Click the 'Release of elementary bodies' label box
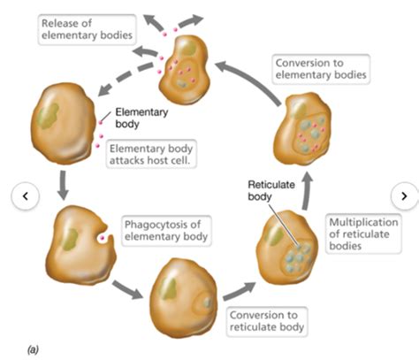[87, 29]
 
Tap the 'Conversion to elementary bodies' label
[321, 69]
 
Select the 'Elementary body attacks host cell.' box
[151, 154]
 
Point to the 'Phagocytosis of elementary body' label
[166, 231]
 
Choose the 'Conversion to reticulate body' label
[267, 321]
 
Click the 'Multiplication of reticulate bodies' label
[363, 234]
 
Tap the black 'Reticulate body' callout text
[271, 191]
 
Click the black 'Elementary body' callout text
[141, 118]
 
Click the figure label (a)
[33, 349]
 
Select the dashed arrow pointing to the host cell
[126, 77]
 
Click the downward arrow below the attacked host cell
[63, 185]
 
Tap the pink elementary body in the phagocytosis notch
[103, 238]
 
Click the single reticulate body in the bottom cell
[207, 303]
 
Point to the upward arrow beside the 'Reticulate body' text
[307, 191]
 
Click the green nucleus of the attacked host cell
[49, 116]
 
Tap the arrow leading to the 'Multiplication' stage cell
[240, 291]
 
